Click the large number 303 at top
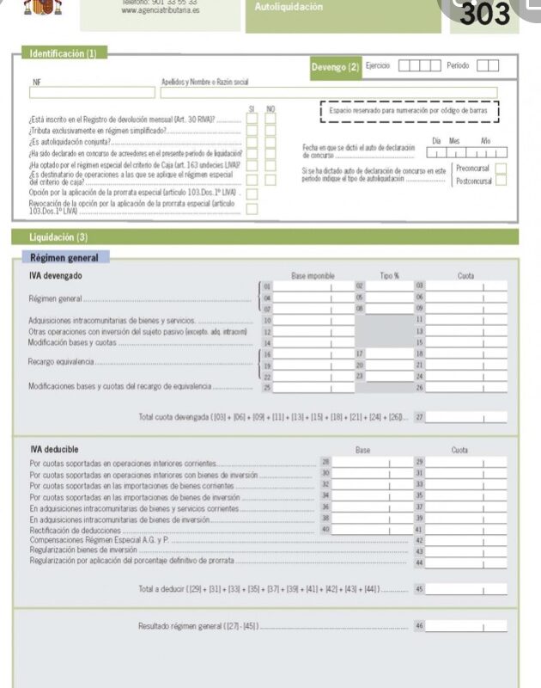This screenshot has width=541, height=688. (485, 15)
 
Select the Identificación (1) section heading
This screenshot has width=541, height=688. (64, 54)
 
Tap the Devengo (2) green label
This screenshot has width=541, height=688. (335, 67)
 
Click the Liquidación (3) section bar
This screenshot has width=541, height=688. (58, 236)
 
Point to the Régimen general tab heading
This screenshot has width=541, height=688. (64, 257)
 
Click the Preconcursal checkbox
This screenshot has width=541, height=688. (501, 169)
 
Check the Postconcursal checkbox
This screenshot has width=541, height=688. (501, 181)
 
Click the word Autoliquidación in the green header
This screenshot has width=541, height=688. (289, 8)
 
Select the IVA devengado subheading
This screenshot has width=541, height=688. (57, 275)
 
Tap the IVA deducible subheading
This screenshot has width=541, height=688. (54, 449)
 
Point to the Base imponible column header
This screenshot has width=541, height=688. (313, 275)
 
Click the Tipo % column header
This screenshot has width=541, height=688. (390, 275)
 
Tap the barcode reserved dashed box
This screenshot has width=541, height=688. (409, 113)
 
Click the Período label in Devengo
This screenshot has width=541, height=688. (458, 65)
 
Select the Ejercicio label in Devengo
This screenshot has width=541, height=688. (379, 65)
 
